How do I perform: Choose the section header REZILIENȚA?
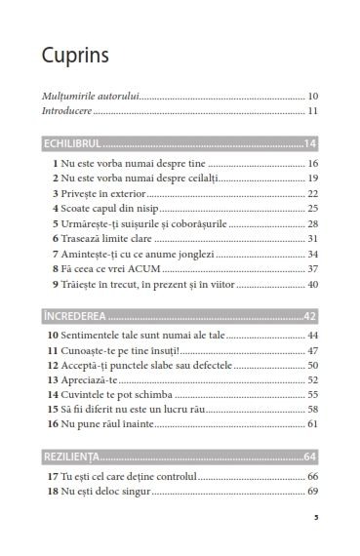76,457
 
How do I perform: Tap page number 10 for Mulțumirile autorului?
313,97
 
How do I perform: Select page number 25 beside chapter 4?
313,208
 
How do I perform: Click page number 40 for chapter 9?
313,284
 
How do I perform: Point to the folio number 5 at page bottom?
316,518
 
